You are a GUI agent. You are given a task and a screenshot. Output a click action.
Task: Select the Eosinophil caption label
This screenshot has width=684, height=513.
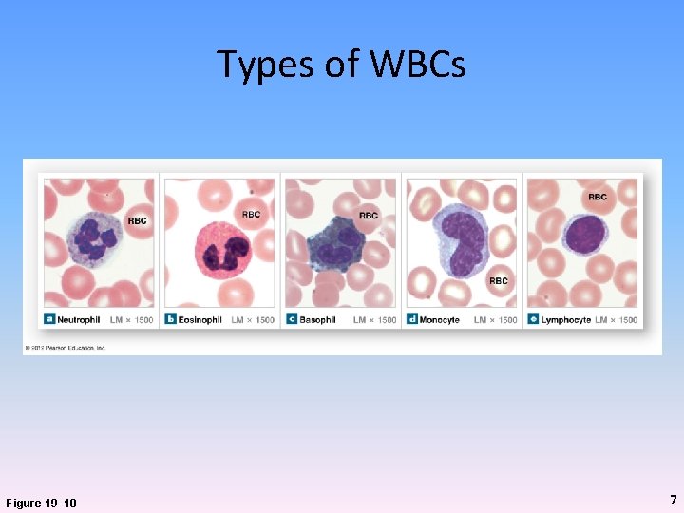200,320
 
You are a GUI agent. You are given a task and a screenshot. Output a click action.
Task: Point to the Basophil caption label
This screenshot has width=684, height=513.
317,320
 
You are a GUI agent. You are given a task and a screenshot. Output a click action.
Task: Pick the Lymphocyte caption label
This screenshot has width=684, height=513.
566,320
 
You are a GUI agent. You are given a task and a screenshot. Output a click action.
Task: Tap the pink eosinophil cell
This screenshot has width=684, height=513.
222,250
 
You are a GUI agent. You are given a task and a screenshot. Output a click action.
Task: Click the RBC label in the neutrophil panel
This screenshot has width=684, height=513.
138,221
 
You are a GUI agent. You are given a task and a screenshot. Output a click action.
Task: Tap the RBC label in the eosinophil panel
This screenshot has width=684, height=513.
251,215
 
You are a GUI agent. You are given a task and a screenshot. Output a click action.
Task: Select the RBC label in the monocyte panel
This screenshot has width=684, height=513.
499,281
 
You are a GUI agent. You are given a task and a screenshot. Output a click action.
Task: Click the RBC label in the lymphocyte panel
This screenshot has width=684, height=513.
598,198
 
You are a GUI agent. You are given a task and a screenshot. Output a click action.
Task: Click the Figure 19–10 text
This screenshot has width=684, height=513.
42,503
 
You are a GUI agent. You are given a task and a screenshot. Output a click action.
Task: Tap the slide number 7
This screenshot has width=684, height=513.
673,500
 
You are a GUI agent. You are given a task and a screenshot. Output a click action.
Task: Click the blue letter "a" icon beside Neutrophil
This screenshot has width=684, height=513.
49,320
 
